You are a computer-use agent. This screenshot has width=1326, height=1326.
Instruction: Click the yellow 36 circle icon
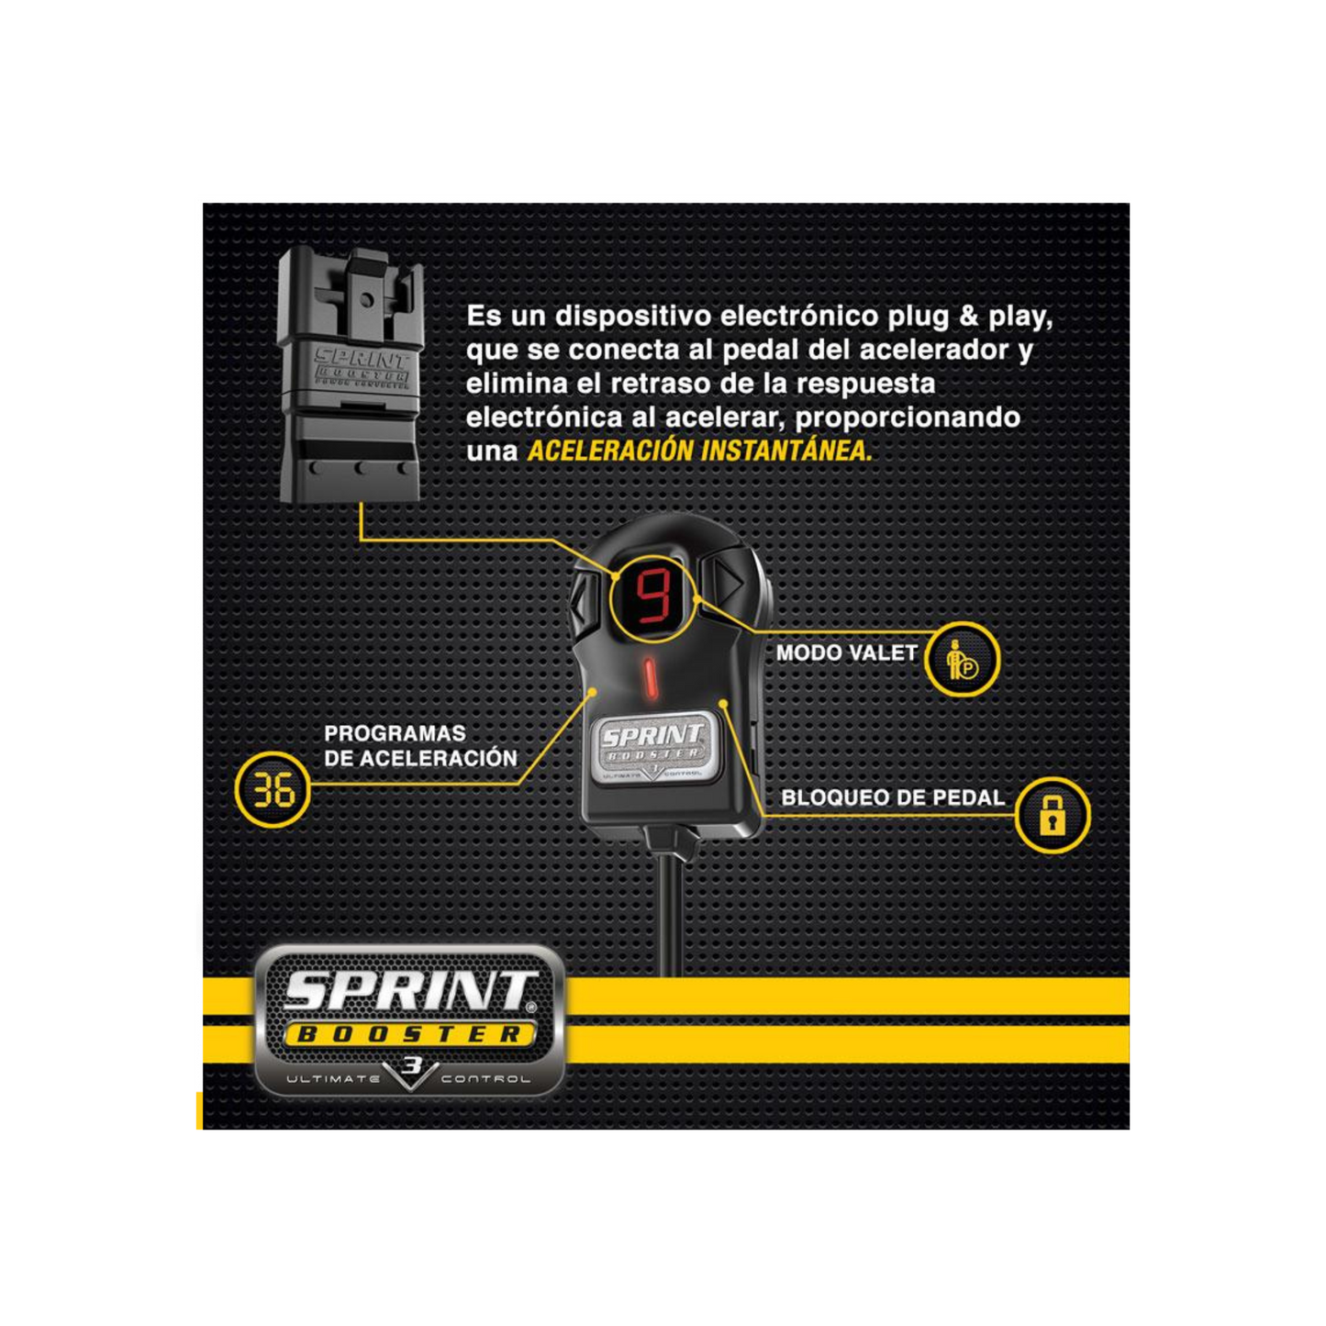click(273, 789)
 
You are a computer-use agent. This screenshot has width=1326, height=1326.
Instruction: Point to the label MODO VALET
click(847, 652)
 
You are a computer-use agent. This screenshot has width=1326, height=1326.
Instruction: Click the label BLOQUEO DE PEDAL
click(893, 797)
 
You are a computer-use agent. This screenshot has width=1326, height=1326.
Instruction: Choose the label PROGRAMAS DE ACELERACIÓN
click(420, 746)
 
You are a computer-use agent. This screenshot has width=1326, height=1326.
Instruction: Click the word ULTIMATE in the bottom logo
click(332, 1078)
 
